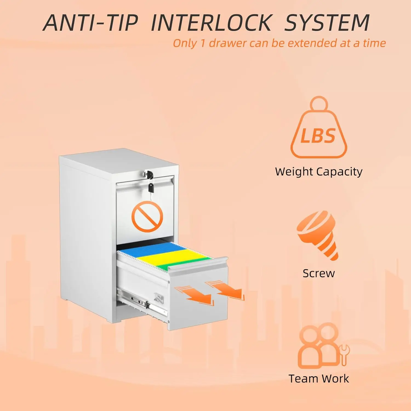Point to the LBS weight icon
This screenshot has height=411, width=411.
[319, 129]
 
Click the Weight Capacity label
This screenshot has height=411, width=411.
[319, 172]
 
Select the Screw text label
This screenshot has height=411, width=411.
[319, 273]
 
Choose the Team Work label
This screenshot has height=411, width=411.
[319, 379]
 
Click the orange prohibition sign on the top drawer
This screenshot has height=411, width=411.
[147, 216]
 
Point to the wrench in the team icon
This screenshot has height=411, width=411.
[344, 355]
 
